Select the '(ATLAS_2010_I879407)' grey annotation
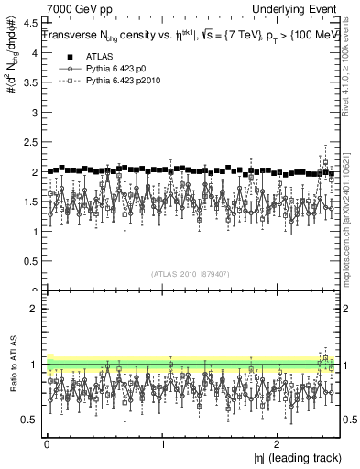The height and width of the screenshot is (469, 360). point(190,273)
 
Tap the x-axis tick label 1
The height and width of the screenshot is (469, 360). point(162,445)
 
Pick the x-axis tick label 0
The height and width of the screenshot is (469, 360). point(46,445)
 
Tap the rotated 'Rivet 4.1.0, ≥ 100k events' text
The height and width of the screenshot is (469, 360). point(352,73)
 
